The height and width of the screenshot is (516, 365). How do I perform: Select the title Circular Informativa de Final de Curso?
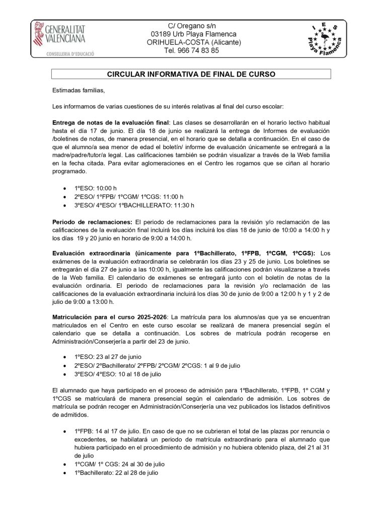tap(191, 74)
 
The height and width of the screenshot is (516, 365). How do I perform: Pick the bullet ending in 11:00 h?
tap(129, 196)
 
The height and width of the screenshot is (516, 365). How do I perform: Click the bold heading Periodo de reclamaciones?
tap(92, 222)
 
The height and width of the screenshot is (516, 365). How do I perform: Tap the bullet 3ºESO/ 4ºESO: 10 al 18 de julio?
tap(125, 374)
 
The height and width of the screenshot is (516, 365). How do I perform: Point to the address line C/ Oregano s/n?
tap(191, 26)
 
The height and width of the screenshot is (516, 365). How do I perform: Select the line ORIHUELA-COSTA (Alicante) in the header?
tap(191, 42)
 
